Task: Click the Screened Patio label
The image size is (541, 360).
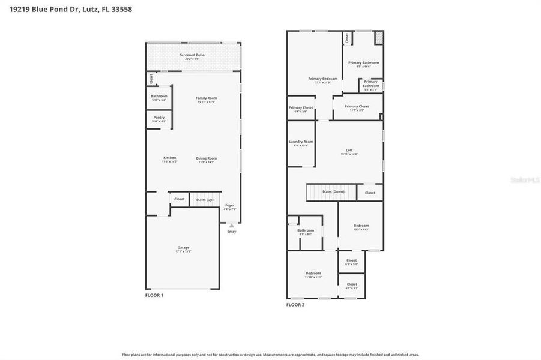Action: pyautogui.click(x=192, y=55)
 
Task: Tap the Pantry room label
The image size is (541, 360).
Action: pyautogui.click(x=159, y=118)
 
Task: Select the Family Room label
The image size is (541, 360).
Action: pyautogui.click(x=206, y=98)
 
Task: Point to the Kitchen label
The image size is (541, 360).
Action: pyautogui.click(x=169, y=158)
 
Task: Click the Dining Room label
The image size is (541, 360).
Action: pyautogui.click(x=206, y=158)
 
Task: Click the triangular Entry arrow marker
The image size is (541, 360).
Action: pyautogui.click(x=231, y=226)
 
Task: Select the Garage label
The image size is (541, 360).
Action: pyautogui.click(x=183, y=248)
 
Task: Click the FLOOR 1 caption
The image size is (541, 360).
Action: pyautogui.click(x=154, y=295)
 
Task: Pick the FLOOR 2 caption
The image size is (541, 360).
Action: pyautogui.click(x=295, y=305)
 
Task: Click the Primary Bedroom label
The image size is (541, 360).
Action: pyautogui.click(x=322, y=79)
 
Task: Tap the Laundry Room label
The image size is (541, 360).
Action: pyautogui.click(x=301, y=142)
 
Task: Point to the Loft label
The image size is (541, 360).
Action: pyautogui.click(x=349, y=151)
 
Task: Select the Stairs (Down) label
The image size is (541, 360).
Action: pyautogui.click(x=331, y=192)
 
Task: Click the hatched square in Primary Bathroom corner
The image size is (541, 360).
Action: pyautogui.click(x=378, y=38)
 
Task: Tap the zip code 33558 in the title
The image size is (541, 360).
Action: pyautogui.click(x=121, y=9)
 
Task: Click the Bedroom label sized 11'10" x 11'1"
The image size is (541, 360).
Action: pyautogui.click(x=313, y=274)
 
